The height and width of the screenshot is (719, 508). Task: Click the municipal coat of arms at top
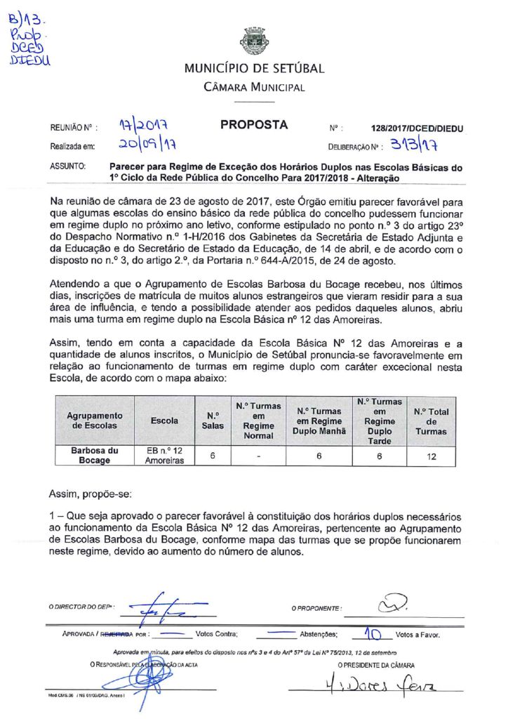click(253, 41)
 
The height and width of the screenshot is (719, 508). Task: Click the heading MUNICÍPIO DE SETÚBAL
click(254, 69)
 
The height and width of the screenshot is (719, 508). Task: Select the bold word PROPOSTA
click(254, 125)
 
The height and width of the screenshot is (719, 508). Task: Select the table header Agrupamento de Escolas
click(94, 421)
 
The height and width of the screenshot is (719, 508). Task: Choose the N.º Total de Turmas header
click(431, 421)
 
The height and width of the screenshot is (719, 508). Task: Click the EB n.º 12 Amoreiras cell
click(164, 456)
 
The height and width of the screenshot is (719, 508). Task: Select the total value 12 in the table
click(431, 456)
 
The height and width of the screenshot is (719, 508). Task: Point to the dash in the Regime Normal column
click(259, 456)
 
